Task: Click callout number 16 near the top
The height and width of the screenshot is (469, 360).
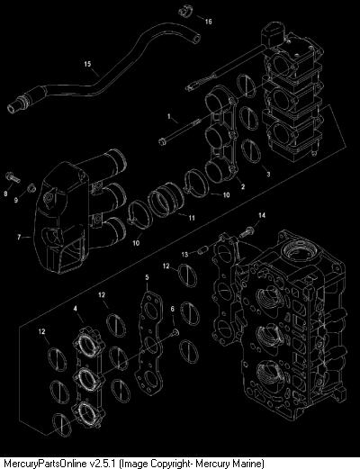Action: (208, 21)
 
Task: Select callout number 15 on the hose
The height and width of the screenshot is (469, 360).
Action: (87, 64)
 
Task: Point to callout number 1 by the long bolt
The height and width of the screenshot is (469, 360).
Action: (169, 116)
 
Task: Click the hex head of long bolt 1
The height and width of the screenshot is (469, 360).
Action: (163, 140)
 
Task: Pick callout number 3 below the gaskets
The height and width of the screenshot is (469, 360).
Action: (268, 174)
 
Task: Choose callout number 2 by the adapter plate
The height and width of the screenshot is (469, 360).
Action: (243, 186)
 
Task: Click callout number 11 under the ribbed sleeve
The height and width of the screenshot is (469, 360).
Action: (192, 218)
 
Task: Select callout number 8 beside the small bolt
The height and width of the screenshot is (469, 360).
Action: (5, 194)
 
